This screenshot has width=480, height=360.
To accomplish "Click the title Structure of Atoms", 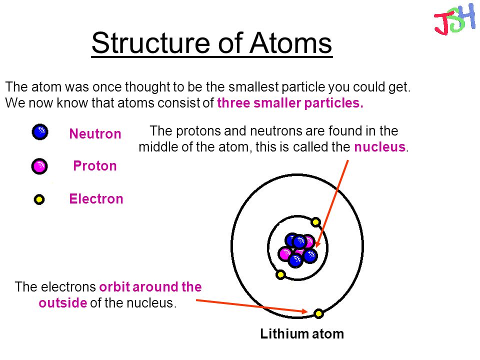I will click(211, 43).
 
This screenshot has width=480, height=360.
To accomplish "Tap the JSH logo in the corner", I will click(454, 19).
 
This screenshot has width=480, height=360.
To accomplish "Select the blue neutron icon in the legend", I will click(39, 132).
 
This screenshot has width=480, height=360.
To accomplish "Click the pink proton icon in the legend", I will click(39, 165).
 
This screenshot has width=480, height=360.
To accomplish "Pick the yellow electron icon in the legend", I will click(39, 200).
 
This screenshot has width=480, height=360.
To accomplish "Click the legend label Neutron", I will click(95, 134).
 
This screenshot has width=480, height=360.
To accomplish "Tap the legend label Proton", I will click(95, 166).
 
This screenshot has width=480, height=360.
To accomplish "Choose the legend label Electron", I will click(96, 199).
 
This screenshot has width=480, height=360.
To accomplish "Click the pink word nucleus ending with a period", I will click(381, 147).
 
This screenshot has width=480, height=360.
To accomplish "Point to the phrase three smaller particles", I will click(290, 103).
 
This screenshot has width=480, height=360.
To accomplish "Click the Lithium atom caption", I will click(302, 334).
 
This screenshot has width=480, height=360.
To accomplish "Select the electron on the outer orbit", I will click(318, 313).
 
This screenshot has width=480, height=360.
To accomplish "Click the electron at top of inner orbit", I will click(315, 221).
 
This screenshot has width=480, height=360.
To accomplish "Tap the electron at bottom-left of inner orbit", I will click(280, 274).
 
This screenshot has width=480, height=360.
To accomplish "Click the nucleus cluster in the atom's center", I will click(298, 249).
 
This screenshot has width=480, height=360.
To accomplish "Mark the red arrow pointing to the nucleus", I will click(332, 200).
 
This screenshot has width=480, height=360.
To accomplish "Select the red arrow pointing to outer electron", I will click(250, 305).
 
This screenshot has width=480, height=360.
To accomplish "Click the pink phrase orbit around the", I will click(150, 287).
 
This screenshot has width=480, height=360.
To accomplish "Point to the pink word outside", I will click(62, 303).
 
